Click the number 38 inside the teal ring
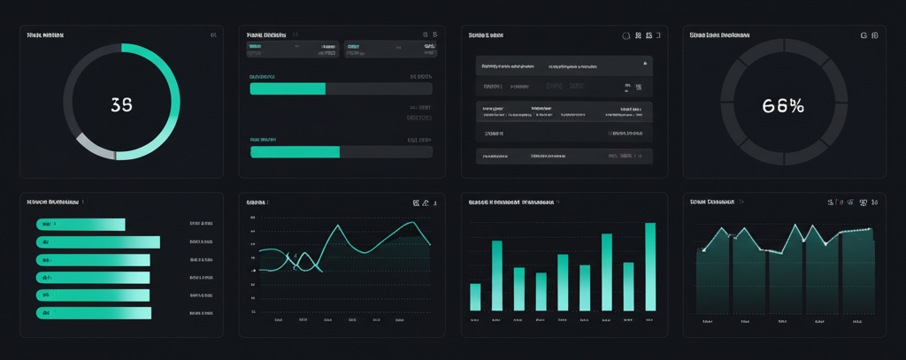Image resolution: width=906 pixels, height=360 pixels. click(x=121, y=104)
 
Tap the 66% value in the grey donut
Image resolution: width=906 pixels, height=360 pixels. click(x=783, y=105)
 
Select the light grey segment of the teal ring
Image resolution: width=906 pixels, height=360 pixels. click(x=94, y=148)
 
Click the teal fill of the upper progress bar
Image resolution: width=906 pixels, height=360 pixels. click(x=288, y=88)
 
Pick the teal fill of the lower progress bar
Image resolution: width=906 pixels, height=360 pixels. click(x=295, y=152)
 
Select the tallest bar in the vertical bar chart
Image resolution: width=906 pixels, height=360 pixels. click(x=650, y=266)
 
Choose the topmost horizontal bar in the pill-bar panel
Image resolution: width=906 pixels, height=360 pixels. click(x=81, y=225)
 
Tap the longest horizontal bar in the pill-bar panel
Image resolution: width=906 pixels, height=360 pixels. click(x=97, y=242)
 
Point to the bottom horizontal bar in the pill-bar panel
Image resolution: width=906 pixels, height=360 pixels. click(x=93, y=313)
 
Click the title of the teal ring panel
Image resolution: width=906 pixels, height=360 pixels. click(x=45, y=35)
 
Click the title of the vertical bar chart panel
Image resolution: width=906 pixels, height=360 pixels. click(x=511, y=202)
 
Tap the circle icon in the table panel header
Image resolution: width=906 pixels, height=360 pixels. click(x=626, y=36)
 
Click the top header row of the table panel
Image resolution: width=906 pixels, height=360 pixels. click(x=564, y=65)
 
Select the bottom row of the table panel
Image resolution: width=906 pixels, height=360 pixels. click(x=564, y=156)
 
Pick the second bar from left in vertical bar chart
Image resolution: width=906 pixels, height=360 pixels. click(x=496, y=275)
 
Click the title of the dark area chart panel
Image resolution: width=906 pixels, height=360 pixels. click(x=712, y=202)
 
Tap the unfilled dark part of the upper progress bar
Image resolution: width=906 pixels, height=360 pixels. click(x=379, y=88)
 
